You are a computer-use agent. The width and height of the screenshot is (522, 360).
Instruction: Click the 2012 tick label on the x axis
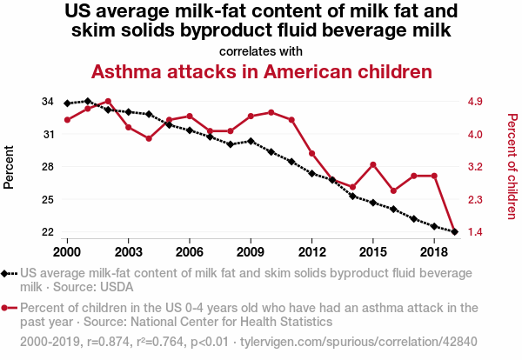click(311, 251)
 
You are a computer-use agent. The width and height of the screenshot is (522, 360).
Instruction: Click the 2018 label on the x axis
click(434, 251)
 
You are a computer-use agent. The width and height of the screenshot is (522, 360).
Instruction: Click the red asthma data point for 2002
click(108, 101)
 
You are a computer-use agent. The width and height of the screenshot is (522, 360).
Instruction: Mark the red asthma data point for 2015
click(373, 164)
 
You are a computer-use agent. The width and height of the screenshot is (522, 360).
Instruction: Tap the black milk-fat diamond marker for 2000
click(67, 103)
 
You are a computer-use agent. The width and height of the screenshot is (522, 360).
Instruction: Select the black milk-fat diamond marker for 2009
click(251, 141)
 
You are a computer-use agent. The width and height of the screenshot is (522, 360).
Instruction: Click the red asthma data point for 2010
click(271, 112)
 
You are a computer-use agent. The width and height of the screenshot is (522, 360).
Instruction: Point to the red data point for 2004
click(149, 138)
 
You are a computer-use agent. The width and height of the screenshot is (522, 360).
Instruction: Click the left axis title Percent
click(10, 167)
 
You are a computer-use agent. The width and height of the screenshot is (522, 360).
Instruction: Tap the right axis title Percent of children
click(512, 166)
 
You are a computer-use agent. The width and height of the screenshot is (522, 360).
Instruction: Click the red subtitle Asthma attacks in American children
click(261, 70)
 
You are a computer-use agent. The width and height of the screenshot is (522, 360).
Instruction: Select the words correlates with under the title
click(261, 51)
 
